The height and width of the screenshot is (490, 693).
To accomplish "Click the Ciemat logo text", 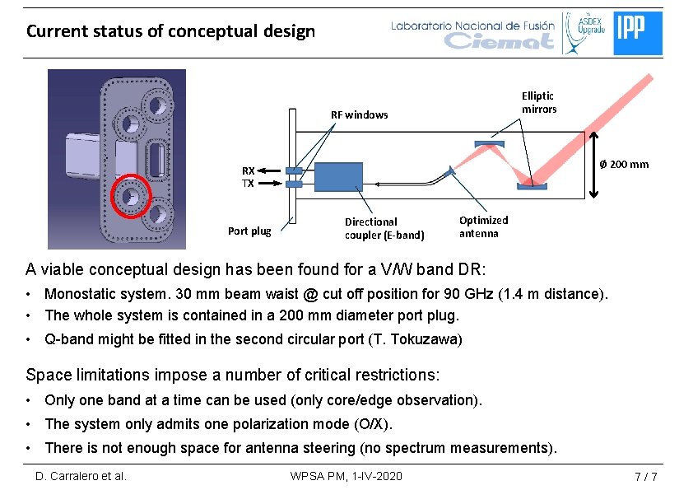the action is [499, 40].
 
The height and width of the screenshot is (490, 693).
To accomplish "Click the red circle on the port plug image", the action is [131, 197].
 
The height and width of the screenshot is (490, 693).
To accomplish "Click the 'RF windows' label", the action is [359, 114].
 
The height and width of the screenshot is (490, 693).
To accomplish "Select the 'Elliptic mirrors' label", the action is [538, 103].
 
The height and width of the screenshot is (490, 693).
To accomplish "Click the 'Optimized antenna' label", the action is [483, 226].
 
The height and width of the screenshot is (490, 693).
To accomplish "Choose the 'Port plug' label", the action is [249, 231].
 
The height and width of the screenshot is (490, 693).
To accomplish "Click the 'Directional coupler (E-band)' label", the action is [384, 228].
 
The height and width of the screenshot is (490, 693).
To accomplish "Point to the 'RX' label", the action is [248, 170].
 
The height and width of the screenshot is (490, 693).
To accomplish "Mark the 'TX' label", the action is [248, 183].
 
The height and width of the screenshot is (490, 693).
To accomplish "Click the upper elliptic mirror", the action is [489, 146].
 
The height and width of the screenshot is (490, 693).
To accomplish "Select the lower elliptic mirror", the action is [531, 185].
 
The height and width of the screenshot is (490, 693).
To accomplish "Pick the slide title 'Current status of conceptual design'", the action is [170, 31].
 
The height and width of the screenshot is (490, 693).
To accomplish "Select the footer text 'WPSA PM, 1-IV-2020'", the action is [346, 476].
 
